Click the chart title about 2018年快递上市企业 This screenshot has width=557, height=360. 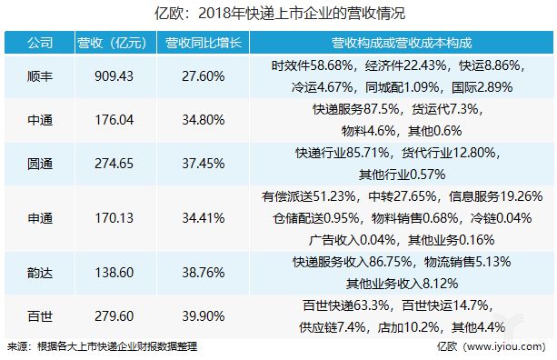tap(278, 13)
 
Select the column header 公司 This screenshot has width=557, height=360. tap(39, 44)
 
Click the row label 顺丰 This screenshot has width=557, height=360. tap(39, 77)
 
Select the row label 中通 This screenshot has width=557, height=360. tap(39, 121)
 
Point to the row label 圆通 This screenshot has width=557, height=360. tap(39, 165)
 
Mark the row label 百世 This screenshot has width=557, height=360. tap(39, 315)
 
